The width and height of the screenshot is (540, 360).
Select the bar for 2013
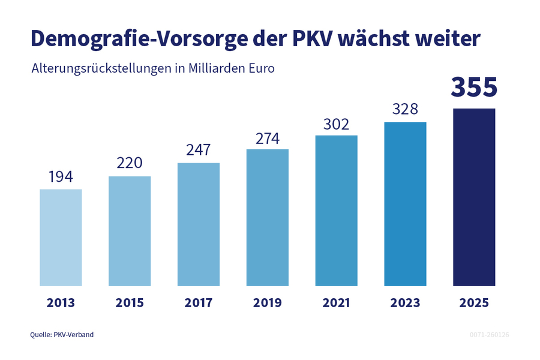point(61,238)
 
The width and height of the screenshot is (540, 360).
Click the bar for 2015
point(130,231)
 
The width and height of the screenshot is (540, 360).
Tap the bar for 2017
point(199,224)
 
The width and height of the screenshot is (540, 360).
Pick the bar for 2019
point(268,217)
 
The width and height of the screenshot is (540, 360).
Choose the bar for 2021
point(336,211)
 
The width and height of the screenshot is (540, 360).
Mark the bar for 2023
point(405,204)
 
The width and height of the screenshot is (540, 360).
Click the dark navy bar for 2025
point(474,197)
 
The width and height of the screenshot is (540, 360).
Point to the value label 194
point(61,177)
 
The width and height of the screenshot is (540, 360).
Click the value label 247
point(199,151)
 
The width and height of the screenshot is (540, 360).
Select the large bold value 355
point(474,87)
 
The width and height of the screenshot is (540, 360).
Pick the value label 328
point(405,110)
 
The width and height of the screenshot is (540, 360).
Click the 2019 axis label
point(268,303)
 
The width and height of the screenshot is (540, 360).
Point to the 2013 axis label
point(61,303)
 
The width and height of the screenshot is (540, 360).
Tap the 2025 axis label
point(474,303)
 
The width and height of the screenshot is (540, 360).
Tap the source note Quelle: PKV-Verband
point(62,334)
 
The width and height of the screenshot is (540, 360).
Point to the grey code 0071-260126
point(489,334)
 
